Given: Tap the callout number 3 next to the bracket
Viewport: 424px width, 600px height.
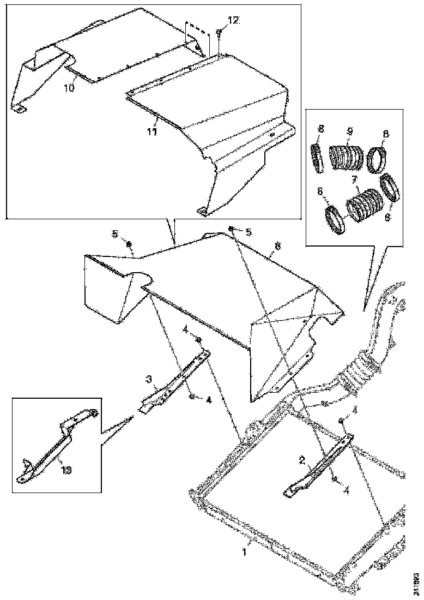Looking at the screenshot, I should point(148,378).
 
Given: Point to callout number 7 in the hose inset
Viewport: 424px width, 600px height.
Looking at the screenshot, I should point(354,179).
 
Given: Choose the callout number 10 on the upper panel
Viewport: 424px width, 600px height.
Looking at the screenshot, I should point(68,88).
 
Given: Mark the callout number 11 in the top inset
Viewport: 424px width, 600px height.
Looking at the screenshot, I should point(153,131).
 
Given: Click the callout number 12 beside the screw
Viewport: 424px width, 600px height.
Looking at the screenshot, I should point(233,20).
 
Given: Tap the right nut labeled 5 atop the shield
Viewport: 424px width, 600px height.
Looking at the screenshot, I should point(231,228).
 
